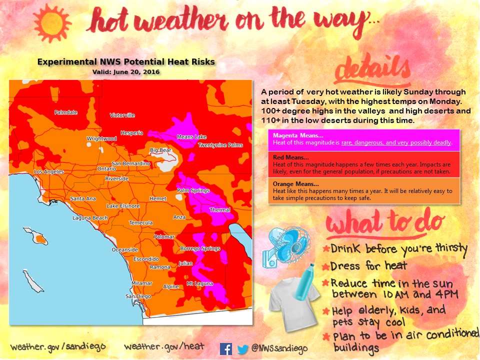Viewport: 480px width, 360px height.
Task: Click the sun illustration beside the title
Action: tap(52, 23)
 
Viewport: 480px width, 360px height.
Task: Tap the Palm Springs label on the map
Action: tap(193, 190)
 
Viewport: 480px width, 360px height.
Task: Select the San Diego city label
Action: tap(138, 296)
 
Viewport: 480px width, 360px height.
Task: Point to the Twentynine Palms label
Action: tap(220, 145)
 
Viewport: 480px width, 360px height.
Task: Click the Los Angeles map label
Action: tap(49, 171)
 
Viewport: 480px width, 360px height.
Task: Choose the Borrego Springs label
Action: tap(200, 248)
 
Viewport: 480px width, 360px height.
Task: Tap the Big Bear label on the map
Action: tap(160, 150)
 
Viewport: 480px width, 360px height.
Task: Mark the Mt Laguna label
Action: tap(199, 283)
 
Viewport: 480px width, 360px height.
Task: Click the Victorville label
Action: tap(122, 115)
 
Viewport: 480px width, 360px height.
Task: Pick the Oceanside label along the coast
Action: tap(124, 249)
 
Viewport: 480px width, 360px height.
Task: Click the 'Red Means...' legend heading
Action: tap(291, 157)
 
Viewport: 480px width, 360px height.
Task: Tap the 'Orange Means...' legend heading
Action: tap(295, 184)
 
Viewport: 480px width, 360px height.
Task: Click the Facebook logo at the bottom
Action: tap(226, 349)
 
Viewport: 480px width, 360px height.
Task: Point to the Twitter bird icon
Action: tap(243, 349)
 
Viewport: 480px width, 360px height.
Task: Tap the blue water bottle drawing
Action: tap(304, 281)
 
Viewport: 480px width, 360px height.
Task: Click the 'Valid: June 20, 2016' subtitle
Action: tap(126, 72)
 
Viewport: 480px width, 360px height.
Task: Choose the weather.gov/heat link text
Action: tap(164, 346)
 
